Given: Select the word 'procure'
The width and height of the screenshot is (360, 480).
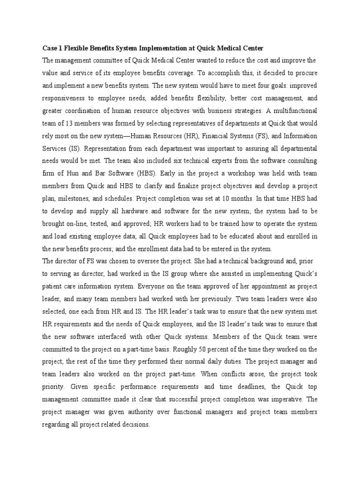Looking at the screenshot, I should [x=306, y=74].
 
